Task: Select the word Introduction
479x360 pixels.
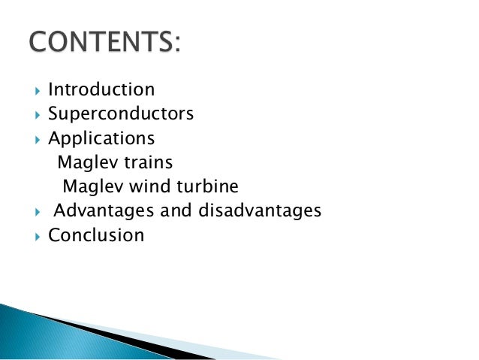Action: [101, 90]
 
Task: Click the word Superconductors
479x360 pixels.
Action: [121, 114]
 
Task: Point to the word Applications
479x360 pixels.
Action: [101, 139]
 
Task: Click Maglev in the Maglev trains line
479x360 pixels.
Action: [83, 162]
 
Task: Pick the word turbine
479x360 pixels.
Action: [211, 186]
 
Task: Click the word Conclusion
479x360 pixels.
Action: [96, 235]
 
